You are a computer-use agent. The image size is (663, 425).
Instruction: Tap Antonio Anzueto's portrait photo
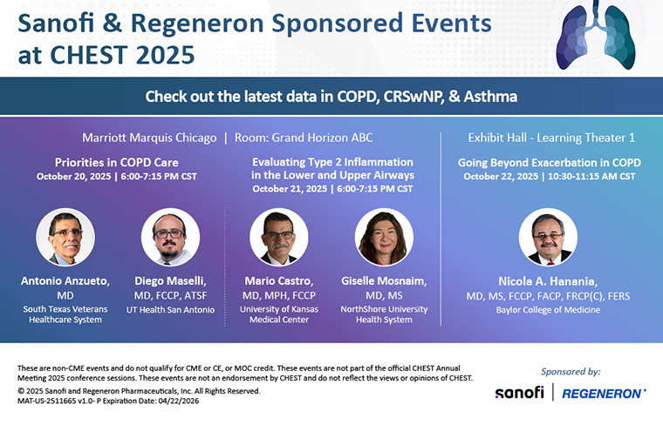pyautogui.click(x=65, y=237)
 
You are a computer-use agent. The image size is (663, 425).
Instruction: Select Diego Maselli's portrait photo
pyautogui.click(x=170, y=237)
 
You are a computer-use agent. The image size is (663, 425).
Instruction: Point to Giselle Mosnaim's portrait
pyautogui.click(x=384, y=237)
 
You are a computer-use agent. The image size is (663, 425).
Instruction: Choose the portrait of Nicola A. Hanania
pyautogui.click(x=548, y=237)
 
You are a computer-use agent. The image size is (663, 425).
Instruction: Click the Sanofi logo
pyautogui.click(x=519, y=393)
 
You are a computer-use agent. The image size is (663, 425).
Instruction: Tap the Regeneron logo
pyautogui.click(x=604, y=393)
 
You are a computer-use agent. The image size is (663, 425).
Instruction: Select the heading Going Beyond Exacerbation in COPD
pyautogui.click(x=549, y=162)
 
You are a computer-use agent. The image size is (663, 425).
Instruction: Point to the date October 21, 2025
pyautogui.click(x=289, y=188)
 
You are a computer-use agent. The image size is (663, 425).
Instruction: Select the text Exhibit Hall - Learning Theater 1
pyautogui.click(x=551, y=138)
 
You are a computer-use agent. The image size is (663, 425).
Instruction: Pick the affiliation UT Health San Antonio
pyautogui.click(x=170, y=309)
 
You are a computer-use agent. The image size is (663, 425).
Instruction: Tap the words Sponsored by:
pyautogui.click(x=571, y=371)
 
